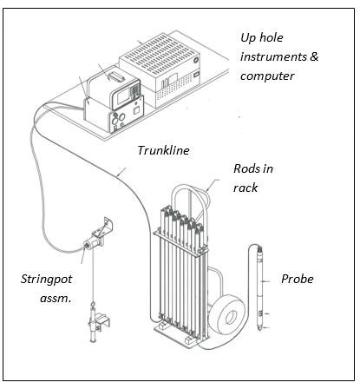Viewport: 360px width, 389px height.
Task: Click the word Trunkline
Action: click(163, 150)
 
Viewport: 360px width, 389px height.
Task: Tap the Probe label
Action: click(298, 279)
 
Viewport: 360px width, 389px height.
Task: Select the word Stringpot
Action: click(47, 280)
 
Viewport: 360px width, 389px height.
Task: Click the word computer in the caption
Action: click(267, 76)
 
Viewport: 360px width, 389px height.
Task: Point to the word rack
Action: click(245, 188)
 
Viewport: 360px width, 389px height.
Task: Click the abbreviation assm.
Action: click(56, 298)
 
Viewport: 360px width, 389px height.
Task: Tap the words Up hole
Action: click(262, 37)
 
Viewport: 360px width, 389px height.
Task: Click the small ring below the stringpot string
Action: click(94, 305)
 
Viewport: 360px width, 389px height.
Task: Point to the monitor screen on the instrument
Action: click(123, 97)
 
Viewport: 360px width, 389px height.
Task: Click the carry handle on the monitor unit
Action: click(115, 76)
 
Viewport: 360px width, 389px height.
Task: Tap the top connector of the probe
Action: click(259, 249)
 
